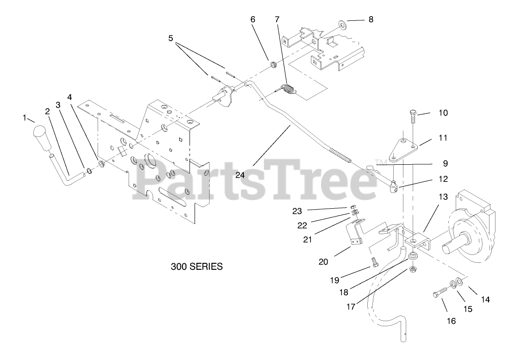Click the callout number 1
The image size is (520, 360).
(25, 118)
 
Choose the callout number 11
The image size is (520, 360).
(443, 138)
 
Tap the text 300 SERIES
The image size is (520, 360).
(197, 267)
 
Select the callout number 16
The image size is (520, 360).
(451, 321)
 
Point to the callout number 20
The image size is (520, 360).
(323, 261)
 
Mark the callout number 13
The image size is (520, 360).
(443, 197)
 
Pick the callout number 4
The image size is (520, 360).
(70, 97)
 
